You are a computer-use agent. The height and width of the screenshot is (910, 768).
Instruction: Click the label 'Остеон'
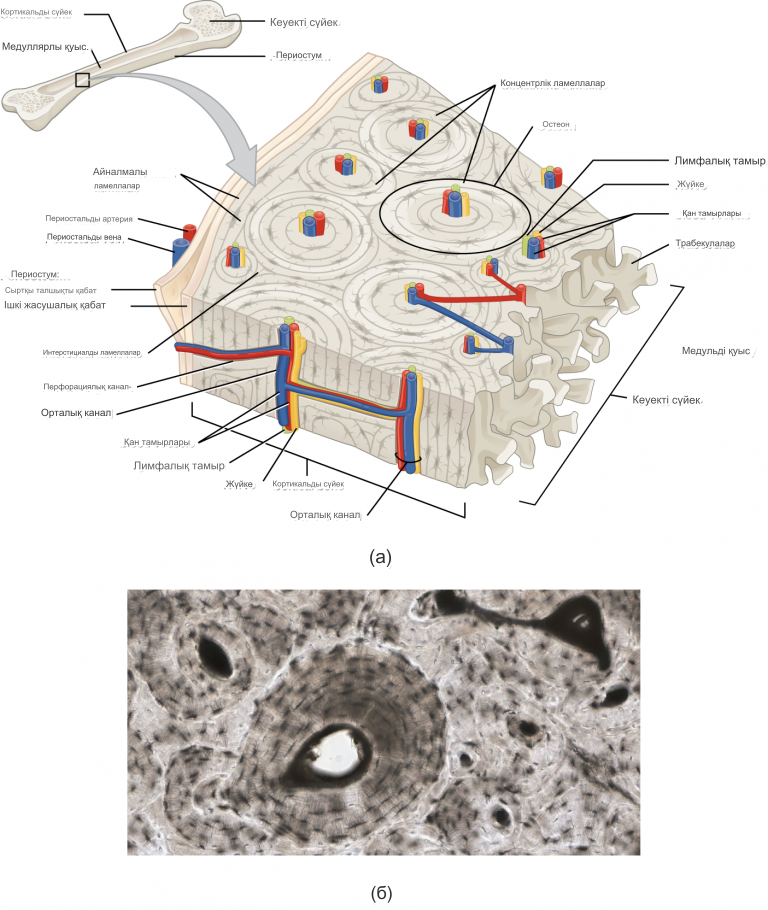click(556, 125)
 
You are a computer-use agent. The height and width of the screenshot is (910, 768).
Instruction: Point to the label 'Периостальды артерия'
click(89, 217)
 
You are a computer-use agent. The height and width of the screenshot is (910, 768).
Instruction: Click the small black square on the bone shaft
click(83, 80)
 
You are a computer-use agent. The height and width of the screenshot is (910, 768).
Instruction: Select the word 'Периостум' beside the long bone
click(300, 57)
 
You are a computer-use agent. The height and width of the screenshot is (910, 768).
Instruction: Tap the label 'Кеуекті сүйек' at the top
click(304, 22)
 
